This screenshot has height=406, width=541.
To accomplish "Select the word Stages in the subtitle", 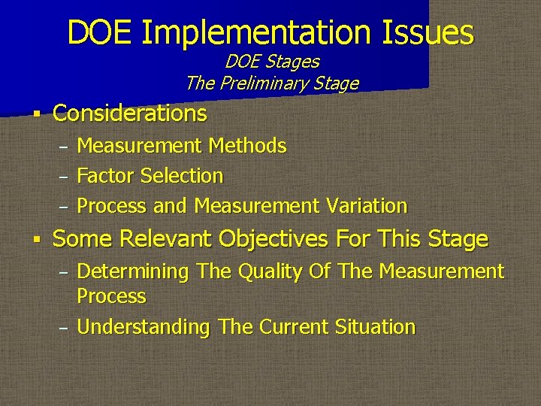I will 292,62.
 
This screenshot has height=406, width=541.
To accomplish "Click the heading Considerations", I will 129,114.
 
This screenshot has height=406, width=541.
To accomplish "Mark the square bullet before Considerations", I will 35,115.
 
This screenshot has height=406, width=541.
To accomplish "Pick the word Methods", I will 247,146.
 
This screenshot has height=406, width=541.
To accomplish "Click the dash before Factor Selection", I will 64,177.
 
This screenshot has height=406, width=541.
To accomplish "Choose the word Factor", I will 106,176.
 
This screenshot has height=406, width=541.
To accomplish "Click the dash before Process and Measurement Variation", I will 64,207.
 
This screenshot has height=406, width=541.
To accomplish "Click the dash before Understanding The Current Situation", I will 64,329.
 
